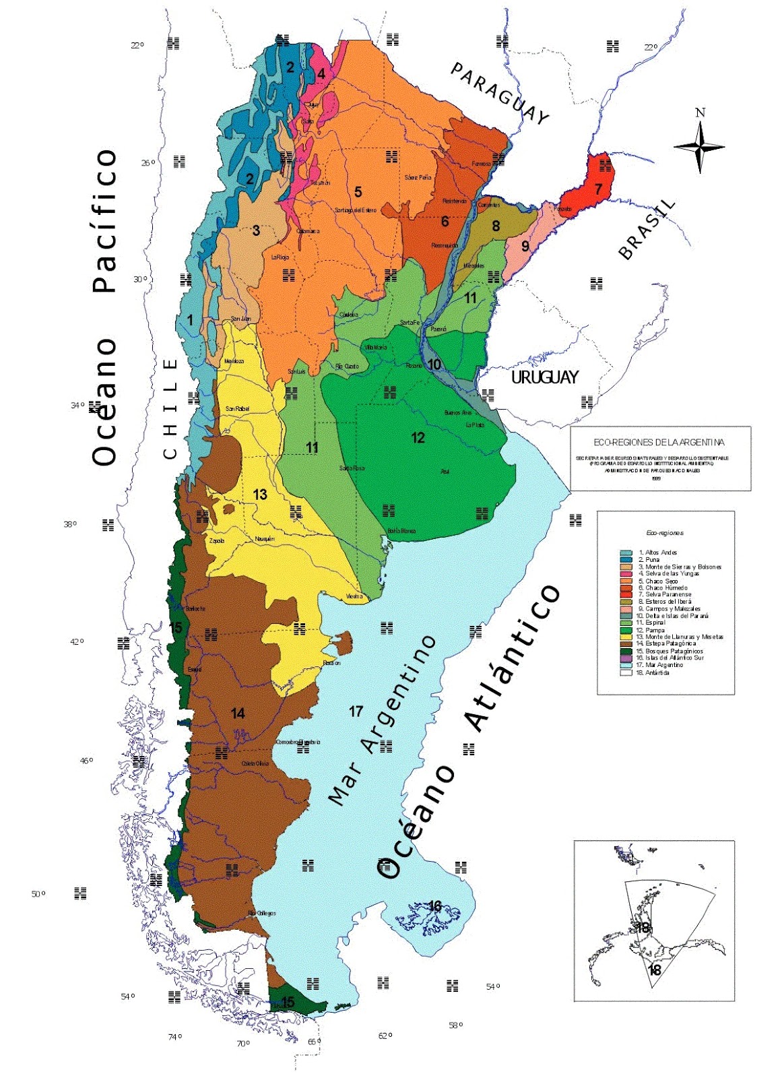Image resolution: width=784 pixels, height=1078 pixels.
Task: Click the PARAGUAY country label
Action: pyautogui.click(x=499, y=93)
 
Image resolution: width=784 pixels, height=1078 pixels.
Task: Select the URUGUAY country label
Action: pyautogui.click(x=544, y=377)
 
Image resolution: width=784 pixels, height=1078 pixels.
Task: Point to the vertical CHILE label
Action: pyautogui.click(x=171, y=409)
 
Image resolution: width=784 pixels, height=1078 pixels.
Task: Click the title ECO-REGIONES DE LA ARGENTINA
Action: pyautogui.click(x=659, y=443)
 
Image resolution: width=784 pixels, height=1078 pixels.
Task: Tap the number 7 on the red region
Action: pyautogui.click(x=598, y=189)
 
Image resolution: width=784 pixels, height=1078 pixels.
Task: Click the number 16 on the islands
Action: pyautogui.click(x=435, y=906)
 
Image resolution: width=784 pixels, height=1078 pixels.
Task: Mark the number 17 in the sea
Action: pyautogui.click(x=356, y=711)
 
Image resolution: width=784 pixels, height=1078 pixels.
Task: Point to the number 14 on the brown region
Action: pyautogui.click(x=238, y=714)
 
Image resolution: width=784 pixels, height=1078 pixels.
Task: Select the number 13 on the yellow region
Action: pyautogui.click(x=260, y=495)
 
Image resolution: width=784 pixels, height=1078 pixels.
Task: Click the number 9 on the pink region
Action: pyautogui.click(x=525, y=247)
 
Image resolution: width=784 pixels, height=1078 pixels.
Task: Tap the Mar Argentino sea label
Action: pyautogui.click(x=381, y=721)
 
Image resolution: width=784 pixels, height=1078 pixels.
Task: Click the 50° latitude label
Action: pyautogui.click(x=38, y=894)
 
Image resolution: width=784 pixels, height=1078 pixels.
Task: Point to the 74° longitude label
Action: pyautogui.click(x=174, y=1037)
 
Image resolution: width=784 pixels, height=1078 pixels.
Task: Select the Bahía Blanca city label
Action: pyautogui.click(x=401, y=531)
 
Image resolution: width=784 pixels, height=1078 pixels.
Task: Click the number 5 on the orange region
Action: pyautogui.click(x=358, y=192)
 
